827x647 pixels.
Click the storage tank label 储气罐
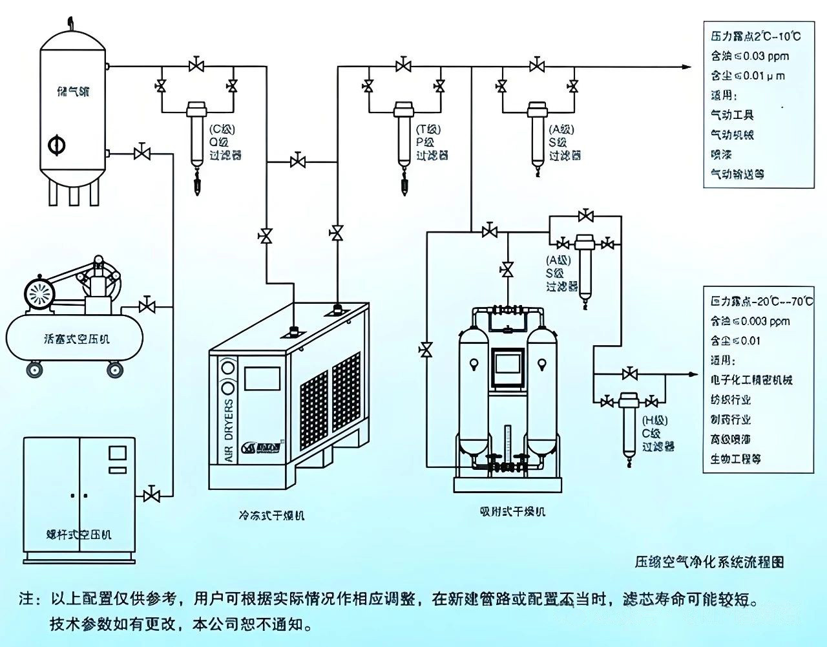click(x=73, y=92)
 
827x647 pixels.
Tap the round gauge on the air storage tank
click(x=57, y=145)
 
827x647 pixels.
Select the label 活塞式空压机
click(x=76, y=338)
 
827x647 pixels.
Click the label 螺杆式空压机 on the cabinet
click(x=79, y=534)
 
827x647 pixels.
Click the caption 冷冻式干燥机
click(x=271, y=515)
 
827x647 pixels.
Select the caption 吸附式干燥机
click(x=512, y=511)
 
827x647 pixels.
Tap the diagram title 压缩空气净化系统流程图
click(x=709, y=561)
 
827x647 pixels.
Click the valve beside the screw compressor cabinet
click(x=152, y=495)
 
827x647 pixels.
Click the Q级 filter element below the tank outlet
click(x=196, y=133)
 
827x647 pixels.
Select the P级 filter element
click(x=404, y=133)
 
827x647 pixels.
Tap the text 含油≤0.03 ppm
click(x=749, y=56)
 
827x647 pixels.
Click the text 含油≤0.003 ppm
click(x=749, y=321)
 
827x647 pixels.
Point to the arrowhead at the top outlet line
click(x=686, y=66)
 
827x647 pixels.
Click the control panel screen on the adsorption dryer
click(x=507, y=368)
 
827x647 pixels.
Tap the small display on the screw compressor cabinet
click(x=117, y=452)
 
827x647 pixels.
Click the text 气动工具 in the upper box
click(x=732, y=115)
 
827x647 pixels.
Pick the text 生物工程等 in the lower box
click(x=735, y=459)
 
